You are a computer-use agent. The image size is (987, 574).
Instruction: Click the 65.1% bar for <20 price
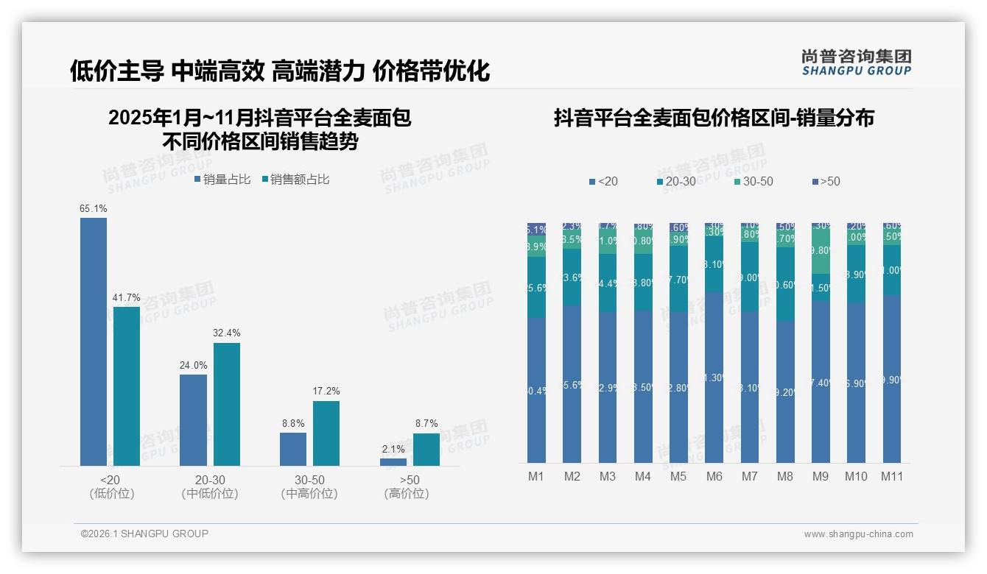[x=94, y=341]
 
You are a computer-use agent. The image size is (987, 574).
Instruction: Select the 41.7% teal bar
[x=127, y=386]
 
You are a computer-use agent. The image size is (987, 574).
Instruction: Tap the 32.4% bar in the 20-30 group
[x=227, y=404]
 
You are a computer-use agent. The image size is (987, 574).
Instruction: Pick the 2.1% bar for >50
[x=393, y=461]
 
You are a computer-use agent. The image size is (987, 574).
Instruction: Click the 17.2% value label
[x=326, y=391]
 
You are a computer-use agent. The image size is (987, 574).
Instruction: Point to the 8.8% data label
[x=293, y=423]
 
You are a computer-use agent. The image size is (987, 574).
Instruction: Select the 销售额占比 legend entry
[x=295, y=180]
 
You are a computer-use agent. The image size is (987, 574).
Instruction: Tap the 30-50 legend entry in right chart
[x=753, y=181]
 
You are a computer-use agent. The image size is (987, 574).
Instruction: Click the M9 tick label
[x=821, y=476]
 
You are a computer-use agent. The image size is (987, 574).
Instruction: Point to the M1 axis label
[x=536, y=476]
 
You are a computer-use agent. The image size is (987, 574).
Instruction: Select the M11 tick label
[x=892, y=476]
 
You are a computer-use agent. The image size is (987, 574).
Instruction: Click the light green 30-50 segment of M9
[x=821, y=250]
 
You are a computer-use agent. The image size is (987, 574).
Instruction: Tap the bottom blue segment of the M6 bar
[x=714, y=378]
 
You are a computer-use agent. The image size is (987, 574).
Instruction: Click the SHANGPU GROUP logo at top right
[x=856, y=63]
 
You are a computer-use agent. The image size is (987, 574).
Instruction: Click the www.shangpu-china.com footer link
[x=858, y=534]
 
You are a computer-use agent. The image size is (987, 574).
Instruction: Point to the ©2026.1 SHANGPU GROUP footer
[x=144, y=534]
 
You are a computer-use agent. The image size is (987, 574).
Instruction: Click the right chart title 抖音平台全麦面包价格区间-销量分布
[x=714, y=118]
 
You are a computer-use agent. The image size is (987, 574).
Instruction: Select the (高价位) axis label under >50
[x=406, y=494]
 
